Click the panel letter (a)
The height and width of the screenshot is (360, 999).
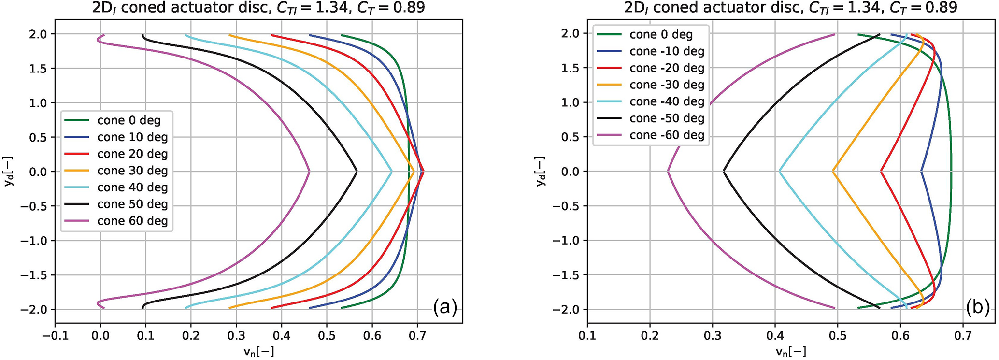[444, 306]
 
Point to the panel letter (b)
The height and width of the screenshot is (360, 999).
[977, 306]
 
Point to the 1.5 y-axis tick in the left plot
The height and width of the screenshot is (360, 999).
[39, 69]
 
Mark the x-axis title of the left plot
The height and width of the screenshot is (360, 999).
[259, 352]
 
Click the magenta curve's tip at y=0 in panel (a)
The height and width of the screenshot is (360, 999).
[309, 172]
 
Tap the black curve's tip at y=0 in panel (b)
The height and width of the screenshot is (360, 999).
[724, 171]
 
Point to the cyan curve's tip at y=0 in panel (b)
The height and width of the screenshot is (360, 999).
[780, 171]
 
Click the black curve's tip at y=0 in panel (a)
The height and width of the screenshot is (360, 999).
[357, 172]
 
